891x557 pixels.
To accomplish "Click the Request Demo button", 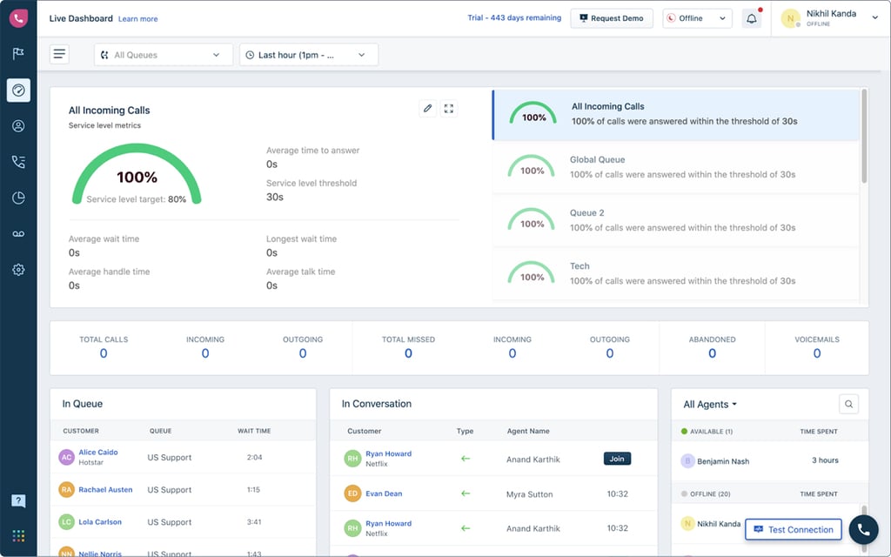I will tap(612, 18).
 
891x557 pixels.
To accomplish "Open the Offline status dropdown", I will tap(697, 18).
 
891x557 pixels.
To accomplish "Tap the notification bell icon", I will tap(751, 18).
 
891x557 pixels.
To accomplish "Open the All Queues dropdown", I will tap(164, 55).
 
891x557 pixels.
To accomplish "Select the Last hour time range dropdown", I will tap(309, 55).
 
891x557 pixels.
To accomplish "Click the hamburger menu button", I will tap(59, 55).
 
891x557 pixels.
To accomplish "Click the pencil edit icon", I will tap(427, 109).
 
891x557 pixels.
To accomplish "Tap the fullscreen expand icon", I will tap(449, 109).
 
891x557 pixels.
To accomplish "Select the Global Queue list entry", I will tap(675, 167).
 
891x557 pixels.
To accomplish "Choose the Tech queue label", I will tap(579, 266).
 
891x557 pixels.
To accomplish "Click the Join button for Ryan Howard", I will tap(617, 459).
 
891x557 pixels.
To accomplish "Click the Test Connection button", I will tap(793, 529).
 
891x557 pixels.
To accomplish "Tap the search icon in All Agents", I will tap(849, 404).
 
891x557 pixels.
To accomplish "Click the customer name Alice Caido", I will tap(97, 453).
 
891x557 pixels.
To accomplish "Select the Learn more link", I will tap(137, 19).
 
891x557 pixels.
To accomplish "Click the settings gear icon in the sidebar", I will tap(18, 270).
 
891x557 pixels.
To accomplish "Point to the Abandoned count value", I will tap(712, 353).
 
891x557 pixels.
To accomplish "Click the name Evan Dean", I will tap(384, 493).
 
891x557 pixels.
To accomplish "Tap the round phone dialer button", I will tap(863, 529).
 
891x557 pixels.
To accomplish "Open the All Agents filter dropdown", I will tap(710, 405).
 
